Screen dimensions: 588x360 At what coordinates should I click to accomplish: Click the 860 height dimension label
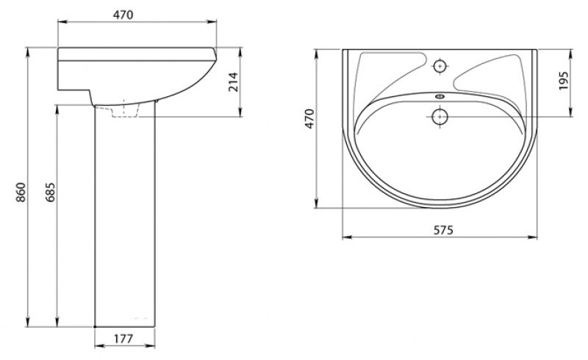click(21, 192)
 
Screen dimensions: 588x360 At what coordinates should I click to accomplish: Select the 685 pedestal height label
click(51, 192)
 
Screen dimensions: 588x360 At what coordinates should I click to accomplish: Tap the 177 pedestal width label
click(123, 339)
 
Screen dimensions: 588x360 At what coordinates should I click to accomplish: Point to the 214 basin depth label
click(233, 82)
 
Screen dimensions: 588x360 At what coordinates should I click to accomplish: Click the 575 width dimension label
click(444, 230)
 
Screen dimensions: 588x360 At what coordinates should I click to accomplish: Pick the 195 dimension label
click(564, 80)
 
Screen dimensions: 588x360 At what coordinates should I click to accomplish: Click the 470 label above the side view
click(123, 15)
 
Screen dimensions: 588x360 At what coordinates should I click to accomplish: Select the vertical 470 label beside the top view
click(309, 118)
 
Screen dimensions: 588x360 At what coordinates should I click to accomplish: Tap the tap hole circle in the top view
click(440, 66)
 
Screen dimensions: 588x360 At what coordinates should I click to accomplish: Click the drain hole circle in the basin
click(440, 117)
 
